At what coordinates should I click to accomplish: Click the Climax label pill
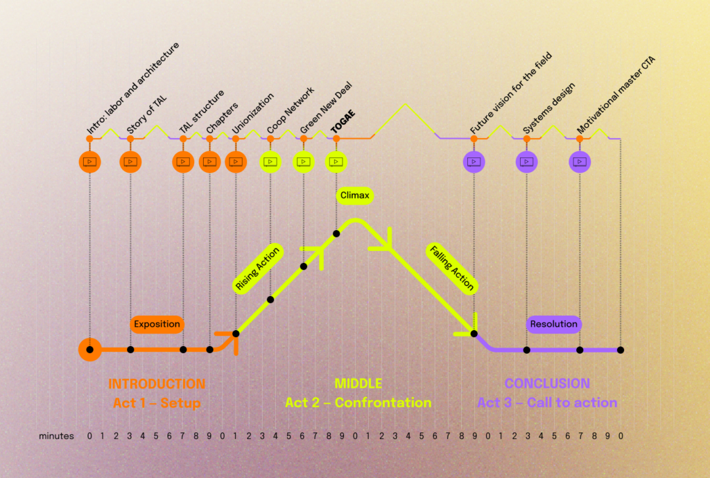tap(354, 196)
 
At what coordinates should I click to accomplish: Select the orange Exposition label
tap(157, 324)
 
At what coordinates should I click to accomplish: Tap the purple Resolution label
tap(553, 324)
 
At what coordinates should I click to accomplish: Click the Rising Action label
tap(258, 269)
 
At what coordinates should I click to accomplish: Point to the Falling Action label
tap(451, 268)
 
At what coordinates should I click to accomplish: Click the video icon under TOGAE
tap(336, 162)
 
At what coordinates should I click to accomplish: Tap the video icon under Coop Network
tap(270, 162)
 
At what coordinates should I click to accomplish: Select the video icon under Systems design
tap(527, 162)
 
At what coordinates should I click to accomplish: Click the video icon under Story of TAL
tap(130, 162)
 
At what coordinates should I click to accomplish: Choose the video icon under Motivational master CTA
tap(580, 162)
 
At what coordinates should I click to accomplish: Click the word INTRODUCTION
tap(157, 384)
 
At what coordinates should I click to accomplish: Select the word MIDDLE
tap(358, 384)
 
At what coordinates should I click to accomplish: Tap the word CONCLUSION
tap(547, 384)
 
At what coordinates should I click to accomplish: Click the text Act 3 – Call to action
tap(547, 402)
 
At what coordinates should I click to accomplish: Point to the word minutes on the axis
tap(56, 436)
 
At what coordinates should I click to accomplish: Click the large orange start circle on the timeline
tap(89, 350)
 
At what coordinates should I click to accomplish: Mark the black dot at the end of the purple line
tap(621, 350)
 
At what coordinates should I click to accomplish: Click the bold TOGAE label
tap(343, 121)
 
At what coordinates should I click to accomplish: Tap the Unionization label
tap(253, 113)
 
